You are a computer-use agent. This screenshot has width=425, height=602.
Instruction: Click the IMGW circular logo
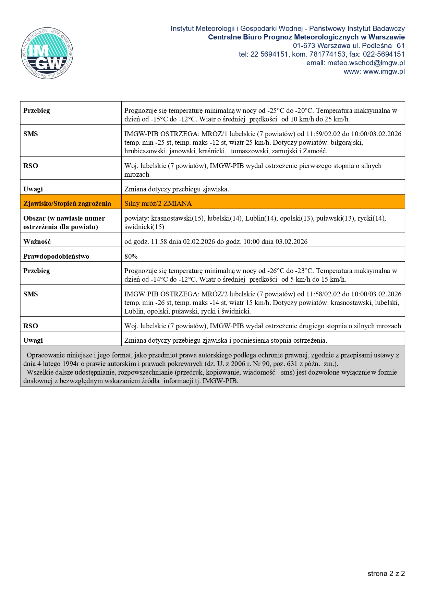[47, 53]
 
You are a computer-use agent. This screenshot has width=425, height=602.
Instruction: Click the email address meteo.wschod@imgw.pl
[366, 63]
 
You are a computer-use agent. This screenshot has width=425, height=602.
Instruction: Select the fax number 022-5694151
[385, 54]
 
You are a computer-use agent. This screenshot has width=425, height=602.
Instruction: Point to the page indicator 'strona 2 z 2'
[386, 574]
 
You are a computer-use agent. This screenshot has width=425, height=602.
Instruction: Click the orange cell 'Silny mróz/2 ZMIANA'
[158, 203]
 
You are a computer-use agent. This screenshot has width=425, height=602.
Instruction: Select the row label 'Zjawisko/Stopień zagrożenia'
[67, 203]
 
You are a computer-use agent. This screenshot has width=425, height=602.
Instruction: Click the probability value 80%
[131, 256]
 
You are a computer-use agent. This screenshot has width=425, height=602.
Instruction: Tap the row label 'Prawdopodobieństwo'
[56, 256]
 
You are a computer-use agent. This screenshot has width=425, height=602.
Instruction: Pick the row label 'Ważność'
[37, 241]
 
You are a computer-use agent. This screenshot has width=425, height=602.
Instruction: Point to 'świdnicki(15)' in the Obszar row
[144, 227]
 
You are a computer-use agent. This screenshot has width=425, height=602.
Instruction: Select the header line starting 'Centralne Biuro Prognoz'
[306, 37]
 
